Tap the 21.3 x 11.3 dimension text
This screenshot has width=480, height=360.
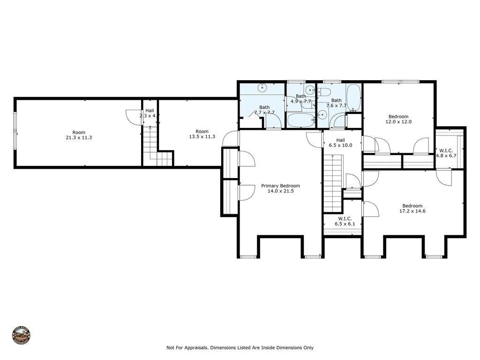click(x=75, y=137)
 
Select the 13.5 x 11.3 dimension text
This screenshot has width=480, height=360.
click(x=202, y=137)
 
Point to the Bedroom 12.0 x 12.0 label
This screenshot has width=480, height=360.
click(x=398, y=119)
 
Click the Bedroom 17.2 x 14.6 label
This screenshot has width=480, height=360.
click(x=412, y=209)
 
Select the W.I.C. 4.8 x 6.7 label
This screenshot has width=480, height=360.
click(x=446, y=153)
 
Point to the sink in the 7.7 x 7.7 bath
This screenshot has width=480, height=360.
click(x=262, y=88)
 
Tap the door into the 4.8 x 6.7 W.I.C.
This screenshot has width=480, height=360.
click(x=442, y=177)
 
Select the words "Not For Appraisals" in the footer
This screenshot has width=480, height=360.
click(x=187, y=348)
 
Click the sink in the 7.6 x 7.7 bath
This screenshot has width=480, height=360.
click(x=322, y=115)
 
